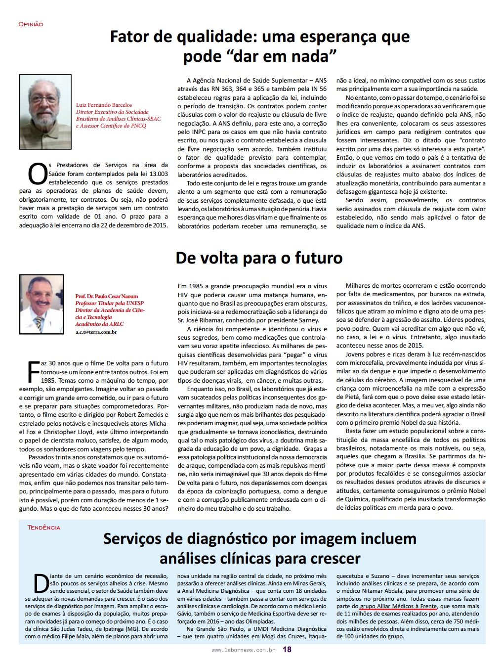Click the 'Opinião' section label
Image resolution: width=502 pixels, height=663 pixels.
(x=31, y=24)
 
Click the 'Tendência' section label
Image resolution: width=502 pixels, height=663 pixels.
(x=43, y=528)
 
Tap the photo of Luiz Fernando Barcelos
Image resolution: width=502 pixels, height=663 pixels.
(x=45, y=112)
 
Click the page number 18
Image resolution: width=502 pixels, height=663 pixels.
(x=287, y=649)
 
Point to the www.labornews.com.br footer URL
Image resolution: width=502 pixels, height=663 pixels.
(x=243, y=650)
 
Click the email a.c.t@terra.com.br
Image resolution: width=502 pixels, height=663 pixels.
(x=96, y=332)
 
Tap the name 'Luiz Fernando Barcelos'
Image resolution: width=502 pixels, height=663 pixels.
(x=104, y=105)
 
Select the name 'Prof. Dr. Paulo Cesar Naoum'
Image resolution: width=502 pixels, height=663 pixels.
(x=107, y=296)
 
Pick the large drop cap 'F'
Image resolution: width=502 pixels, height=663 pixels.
(x=33, y=372)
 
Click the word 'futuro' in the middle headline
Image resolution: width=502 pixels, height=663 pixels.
(x=318, y=258)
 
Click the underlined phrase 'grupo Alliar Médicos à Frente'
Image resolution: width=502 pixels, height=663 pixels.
(x=398, y=606)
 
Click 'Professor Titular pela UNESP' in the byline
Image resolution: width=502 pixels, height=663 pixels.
(x=109, y=303)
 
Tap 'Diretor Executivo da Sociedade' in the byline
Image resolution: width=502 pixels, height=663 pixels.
(x=112, y=112)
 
